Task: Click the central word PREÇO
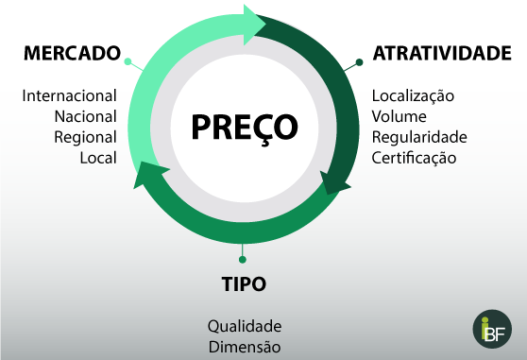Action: (244, 127)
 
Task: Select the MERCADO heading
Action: (73, 53)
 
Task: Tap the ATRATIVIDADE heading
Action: (441, 53)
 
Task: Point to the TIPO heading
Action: (243, 283)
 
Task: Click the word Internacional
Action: (69, 95)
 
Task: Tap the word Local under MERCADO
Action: (98, 158)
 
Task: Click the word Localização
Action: (413, 95)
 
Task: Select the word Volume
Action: (399, 116)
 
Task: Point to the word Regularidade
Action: (419, 137)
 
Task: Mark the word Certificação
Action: (414, 158)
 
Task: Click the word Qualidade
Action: (245, 326)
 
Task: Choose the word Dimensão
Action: (245, 347)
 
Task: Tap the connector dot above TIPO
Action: (243, 257)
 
